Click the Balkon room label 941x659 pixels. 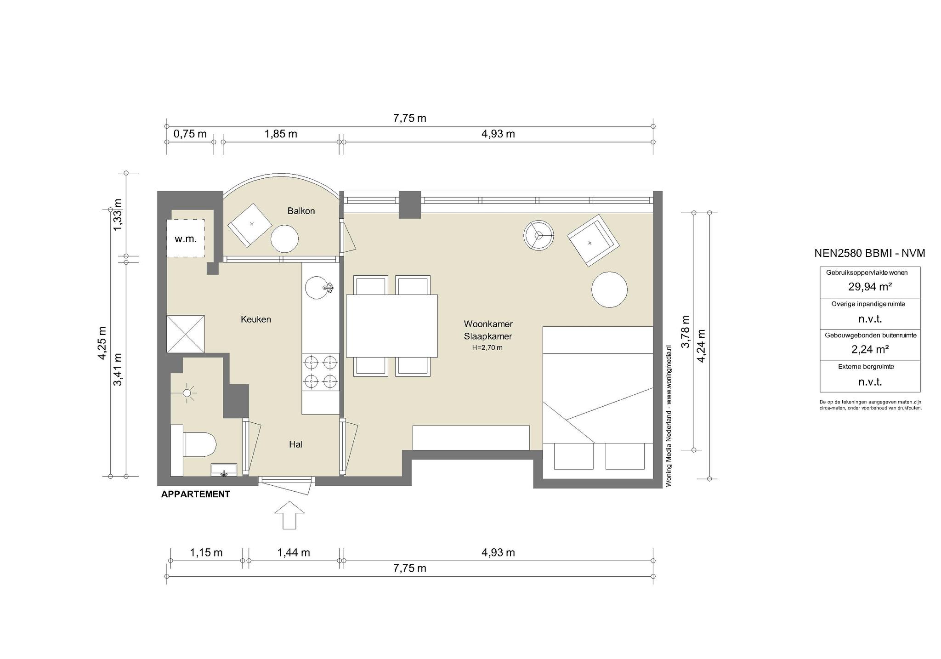click(301, 211)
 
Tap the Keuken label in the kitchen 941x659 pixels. click(256, 319)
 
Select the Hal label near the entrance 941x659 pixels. click(295, 444)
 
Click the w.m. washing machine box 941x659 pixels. click(185, 238)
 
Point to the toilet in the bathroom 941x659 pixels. click(199, 444)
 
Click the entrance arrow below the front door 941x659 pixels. click(289, 515)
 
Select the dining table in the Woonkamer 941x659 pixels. click(391, 326)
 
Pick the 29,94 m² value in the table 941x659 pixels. click(870, 287)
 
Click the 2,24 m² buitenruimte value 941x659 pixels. click(870, 349)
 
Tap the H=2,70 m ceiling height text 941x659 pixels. click(488, 348)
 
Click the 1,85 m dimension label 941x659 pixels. click(281, 134)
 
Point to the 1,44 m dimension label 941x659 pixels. click(294, 552)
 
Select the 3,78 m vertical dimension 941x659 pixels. click(685, 331)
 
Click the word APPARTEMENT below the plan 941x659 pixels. click(195, 494)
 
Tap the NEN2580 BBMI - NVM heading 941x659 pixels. click(870, 253)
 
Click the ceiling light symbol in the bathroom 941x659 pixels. click(187, 393)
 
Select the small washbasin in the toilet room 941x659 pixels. click(224, 470)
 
